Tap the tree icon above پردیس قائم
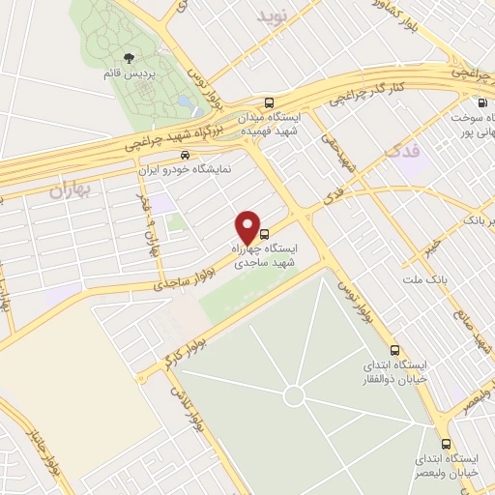point(131,58)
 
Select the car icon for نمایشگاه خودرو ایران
point(198,153)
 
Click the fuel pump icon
point(481,102)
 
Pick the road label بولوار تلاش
point(191,411)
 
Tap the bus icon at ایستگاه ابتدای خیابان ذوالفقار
point(394,350)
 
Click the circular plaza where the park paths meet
point(295,396)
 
